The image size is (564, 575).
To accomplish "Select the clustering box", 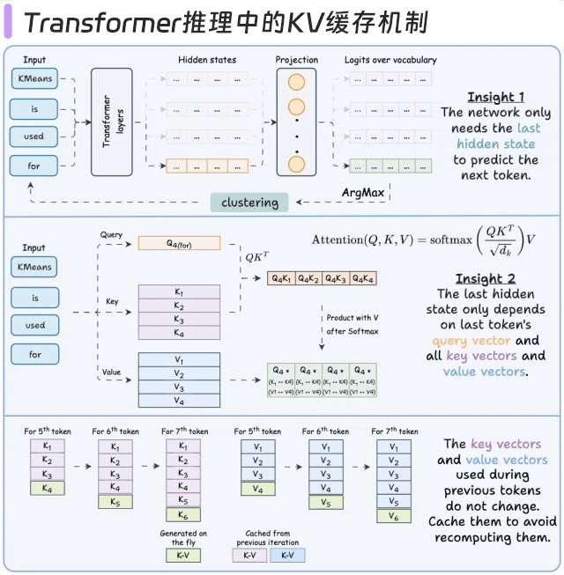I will click(x=249, y=203).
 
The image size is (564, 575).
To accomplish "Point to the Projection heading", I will click(x=296, y=60).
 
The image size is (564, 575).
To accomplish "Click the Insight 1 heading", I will click(x=496, y=97).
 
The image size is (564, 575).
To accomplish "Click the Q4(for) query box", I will click(x=179, y=242).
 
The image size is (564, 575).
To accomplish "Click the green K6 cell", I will click(x=183, y=515).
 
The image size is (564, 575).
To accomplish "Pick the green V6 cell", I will click(x=393, y=515).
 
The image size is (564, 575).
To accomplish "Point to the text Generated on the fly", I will click(x=183, y=538).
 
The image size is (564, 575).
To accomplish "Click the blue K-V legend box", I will click(x=287, y=556).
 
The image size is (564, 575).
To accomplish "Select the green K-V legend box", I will click(x=183, y=556).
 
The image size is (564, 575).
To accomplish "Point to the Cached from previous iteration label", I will click(x=266, y=538).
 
